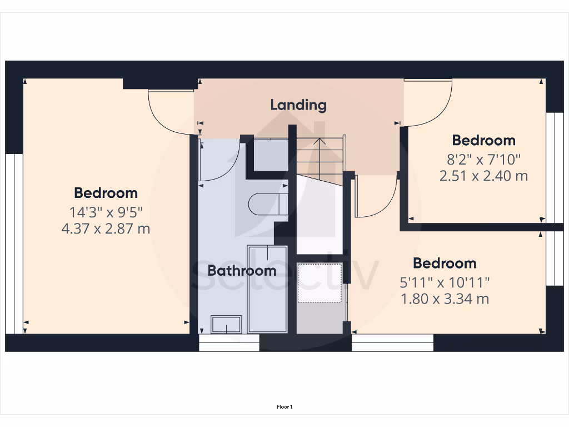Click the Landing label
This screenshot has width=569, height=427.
[298, 105]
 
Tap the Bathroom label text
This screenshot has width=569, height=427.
[242, 271]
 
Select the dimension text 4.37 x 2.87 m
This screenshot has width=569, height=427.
[106, 229]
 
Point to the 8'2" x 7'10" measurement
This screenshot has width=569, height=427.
[483, 160]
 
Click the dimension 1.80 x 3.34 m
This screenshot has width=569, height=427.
[445, 299]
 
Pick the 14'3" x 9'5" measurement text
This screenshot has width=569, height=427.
[106, 212]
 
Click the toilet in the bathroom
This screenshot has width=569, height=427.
[268, 203]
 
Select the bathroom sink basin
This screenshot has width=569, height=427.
[226, 324]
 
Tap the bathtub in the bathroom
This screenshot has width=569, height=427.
[267, 289]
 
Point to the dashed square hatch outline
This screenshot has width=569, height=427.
[319, 283]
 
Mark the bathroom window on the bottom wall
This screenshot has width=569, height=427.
[229, 343]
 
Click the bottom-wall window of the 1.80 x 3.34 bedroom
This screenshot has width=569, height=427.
[392, 343]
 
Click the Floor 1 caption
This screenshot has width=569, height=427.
[284, 407]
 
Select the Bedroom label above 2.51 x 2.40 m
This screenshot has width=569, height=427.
[483, 140]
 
